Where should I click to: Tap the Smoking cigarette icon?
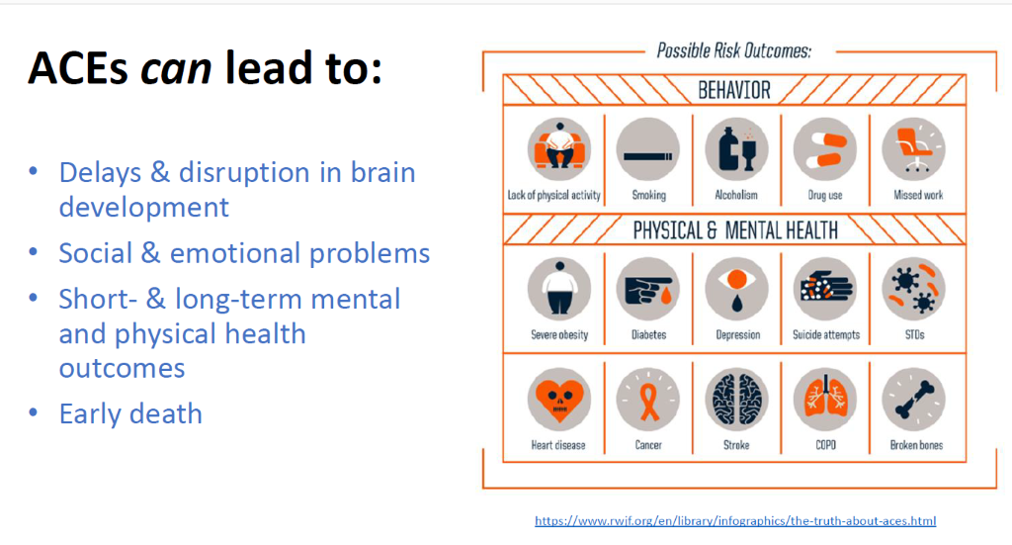coord(647,149)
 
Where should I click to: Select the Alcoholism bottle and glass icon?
coord(735,149)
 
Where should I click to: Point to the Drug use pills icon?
coord(825,149)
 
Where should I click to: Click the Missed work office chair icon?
coord(913,149)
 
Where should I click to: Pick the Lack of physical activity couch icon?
coord(559,149)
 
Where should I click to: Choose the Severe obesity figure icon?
coord(559,289)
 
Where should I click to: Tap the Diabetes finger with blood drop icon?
coord(647,289)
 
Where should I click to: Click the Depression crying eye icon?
coord(735,289)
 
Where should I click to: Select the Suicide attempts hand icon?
coord(825,289)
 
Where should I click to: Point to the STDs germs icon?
coord(913,289)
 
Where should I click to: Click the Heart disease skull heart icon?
coord(559,400)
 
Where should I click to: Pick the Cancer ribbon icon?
coord(647,400)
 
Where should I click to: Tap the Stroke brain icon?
coord(735,400)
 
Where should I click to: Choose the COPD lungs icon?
coord(825,400)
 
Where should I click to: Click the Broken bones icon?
coord(913,400)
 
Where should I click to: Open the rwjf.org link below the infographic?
coord(735,520)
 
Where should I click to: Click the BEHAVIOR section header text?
coord(734,90)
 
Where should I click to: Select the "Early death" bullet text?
coord(130,413)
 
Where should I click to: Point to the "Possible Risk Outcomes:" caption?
coord(734,50)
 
